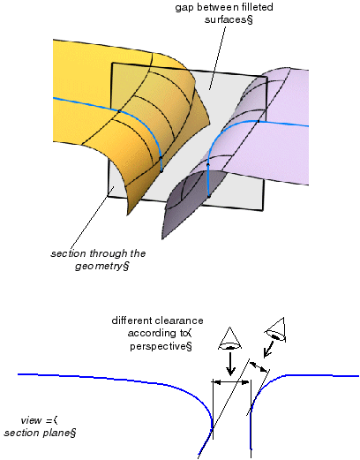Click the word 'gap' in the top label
point(184,8)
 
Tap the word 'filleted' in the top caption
point(255,6)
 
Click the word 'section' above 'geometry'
point(68,253)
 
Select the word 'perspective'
point(158,346)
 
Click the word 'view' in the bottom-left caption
point(31,420)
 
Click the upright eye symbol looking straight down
point(230,338)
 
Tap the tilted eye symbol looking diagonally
point(275,330)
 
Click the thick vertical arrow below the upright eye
point(230,364)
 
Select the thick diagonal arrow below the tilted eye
point(269,350)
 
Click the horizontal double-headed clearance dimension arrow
point(231,382)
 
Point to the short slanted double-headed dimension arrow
point(259,366)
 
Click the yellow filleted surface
point(141,117)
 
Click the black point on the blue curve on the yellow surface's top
point(119,111)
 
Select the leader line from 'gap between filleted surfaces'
point(218,57)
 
